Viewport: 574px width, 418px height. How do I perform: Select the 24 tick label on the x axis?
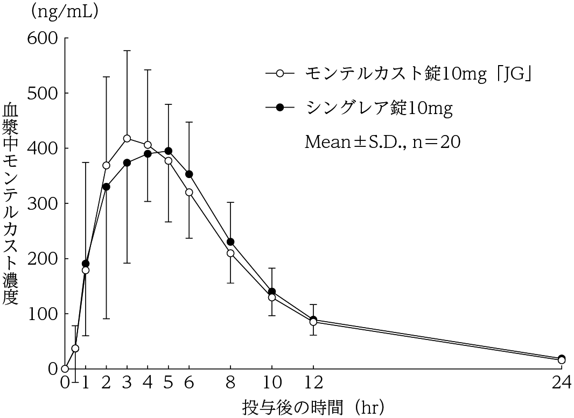coord(561,384)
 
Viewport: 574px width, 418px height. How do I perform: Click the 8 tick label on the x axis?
coord(230,384)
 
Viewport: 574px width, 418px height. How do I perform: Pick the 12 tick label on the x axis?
coord(313,384)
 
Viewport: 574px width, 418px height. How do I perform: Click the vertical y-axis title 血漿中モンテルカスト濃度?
coord(11,204)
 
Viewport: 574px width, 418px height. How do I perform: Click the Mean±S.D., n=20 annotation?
coord(383,141)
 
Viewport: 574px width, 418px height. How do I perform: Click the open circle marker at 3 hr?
coord(127,139)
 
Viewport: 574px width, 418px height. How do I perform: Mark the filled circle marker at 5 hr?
coord(169,151)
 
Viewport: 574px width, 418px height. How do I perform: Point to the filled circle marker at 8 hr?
coord(230,242)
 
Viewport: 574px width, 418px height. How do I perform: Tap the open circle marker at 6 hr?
coord(189,192)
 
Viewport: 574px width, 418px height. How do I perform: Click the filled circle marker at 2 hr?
coord(106,187)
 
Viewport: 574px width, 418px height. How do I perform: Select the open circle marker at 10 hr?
coord(272,297)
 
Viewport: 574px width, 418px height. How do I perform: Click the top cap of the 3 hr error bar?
coord(127,51)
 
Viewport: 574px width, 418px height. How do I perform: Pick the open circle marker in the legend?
coord(279,74)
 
